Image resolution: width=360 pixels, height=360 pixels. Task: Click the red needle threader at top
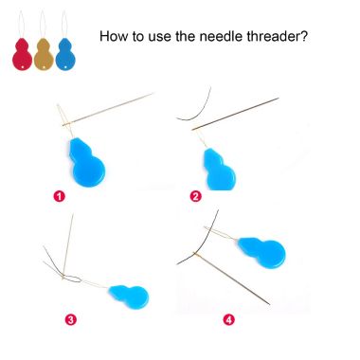point(22,54)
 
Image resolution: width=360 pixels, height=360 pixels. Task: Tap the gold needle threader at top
point(44,54)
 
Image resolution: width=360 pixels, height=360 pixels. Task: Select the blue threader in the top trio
point(65,54)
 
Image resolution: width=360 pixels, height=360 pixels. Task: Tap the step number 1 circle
point(59,196)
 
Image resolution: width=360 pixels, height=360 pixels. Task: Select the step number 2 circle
point(195,196)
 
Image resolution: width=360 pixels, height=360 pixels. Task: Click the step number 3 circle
point(71,320)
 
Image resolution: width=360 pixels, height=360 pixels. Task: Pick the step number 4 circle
point(229,320)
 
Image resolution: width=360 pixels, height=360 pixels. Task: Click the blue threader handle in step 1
point(86,162)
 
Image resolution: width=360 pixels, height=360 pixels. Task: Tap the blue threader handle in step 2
point(219,170)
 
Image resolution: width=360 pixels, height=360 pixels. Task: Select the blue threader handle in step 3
point(129,297)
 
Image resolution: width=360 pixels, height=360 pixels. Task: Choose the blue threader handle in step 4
point(262,252)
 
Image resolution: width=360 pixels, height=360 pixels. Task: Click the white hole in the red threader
point(22,67)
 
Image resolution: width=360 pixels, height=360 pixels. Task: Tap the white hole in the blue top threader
point(65,67)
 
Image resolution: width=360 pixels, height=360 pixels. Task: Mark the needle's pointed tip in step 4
point(269,304)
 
